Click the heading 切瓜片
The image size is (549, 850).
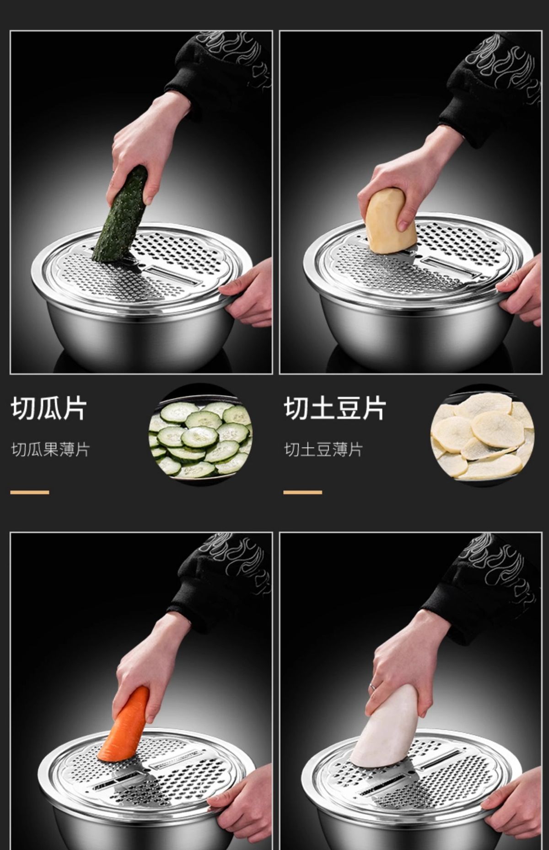[x=48, y=409]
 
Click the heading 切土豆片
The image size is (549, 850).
[x=335, y=409]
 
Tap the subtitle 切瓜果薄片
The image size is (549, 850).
[x=50, y=450]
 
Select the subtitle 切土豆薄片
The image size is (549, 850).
[x=323, y=450]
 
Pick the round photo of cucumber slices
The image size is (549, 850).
[x=200, y=432]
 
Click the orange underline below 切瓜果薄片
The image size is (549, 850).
[x=30, y=492]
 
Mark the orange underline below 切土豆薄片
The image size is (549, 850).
[x=302, y=492]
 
